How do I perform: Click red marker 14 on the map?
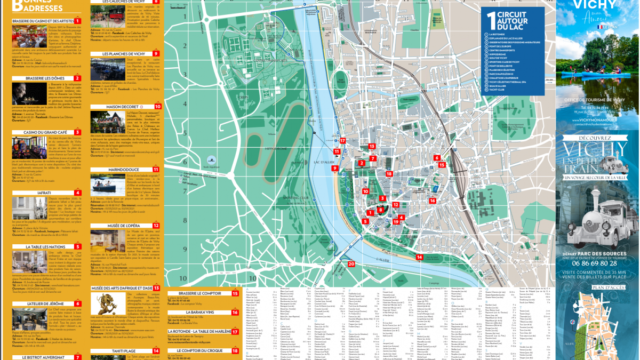420,257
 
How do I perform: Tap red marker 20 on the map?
351,263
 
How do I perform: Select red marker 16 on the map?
433,201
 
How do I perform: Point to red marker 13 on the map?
372,146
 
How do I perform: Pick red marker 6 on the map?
437,157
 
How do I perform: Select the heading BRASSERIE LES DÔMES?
45,78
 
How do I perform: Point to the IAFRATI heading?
45,193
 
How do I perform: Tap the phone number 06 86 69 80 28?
597,262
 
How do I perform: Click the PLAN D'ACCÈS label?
597,286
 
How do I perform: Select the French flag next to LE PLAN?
599,27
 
